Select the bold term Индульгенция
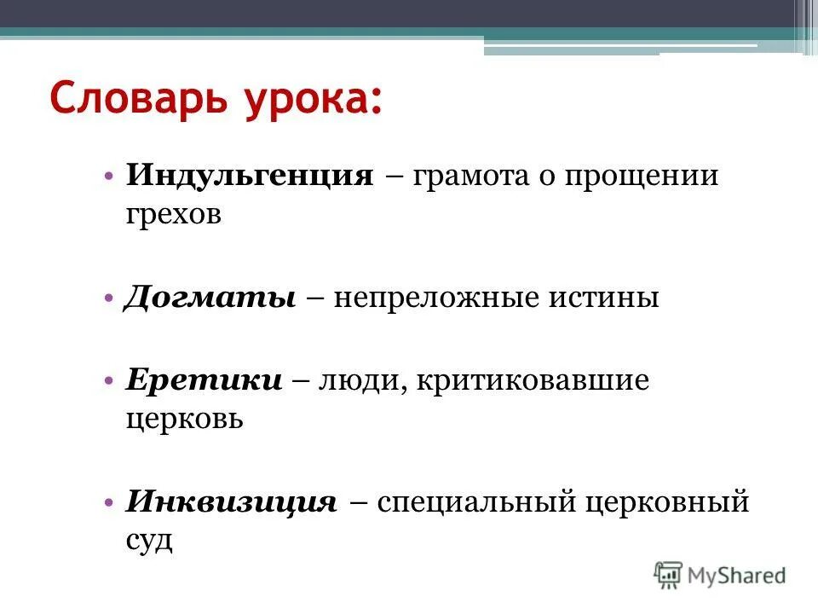pos(250,177)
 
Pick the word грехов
pos(174,215)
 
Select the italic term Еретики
pos(204,380)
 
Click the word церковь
pos(185,419)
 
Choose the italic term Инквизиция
pos(232,501)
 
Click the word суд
pos(150,539)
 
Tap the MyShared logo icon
pos(669,575)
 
